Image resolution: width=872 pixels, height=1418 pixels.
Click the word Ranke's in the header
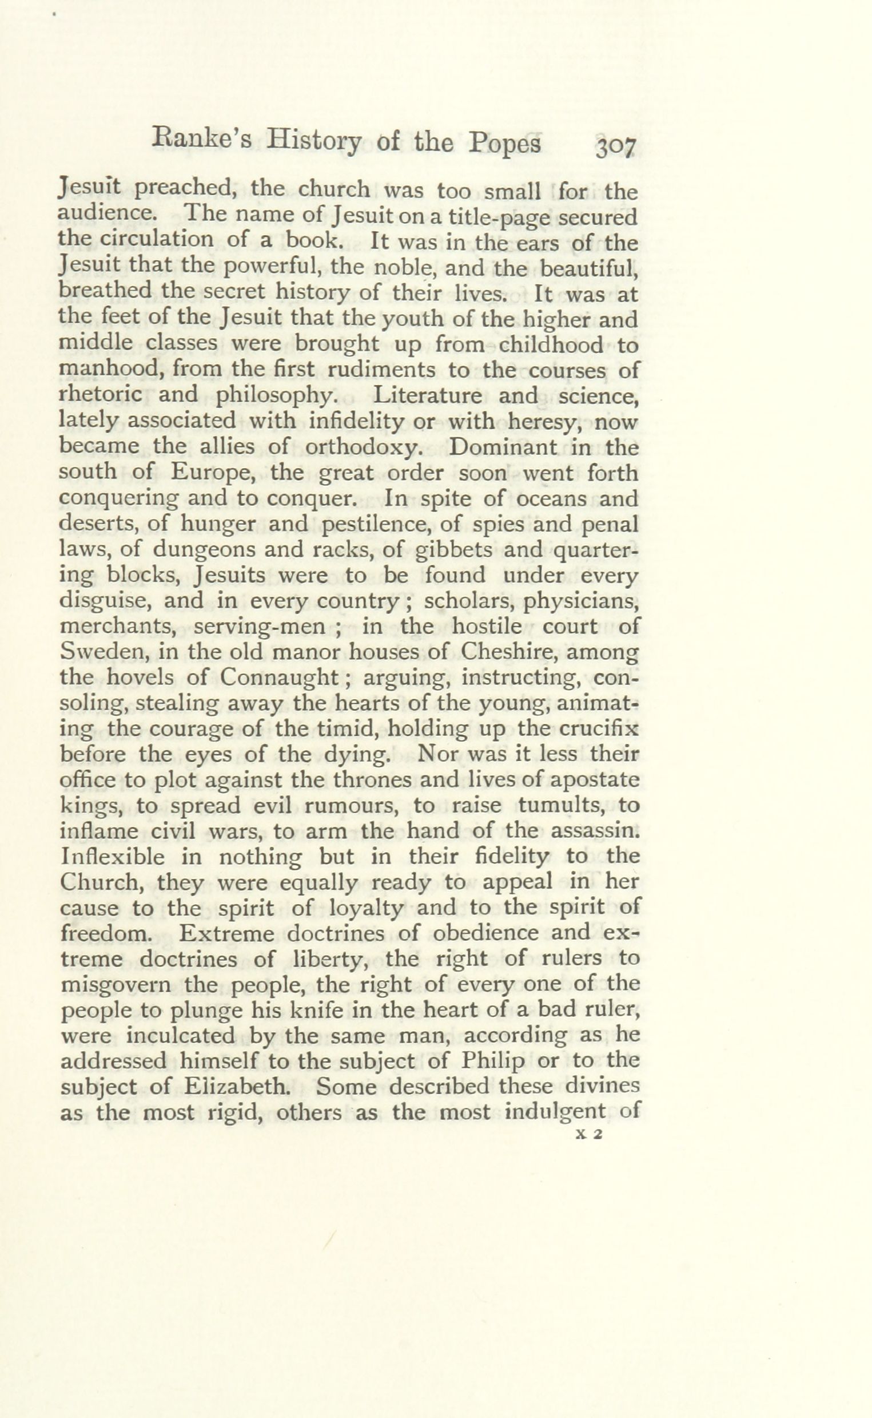point(201,141)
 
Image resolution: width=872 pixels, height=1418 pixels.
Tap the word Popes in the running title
point(505,143)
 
